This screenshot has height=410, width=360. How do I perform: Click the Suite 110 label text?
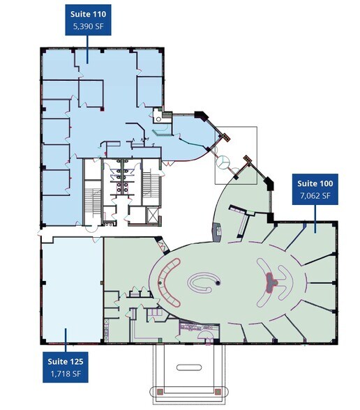click(87, 13)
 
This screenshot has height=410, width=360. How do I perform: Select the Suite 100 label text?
click(314, 183)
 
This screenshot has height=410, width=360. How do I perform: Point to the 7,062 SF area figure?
click(314, 196)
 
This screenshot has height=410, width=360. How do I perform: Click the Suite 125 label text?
click(66, 361)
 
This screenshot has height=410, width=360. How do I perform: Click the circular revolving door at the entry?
click(223, 162)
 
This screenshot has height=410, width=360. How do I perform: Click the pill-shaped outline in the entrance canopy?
click(188, 367)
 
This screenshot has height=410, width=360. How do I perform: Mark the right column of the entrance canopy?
click(221, 391)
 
